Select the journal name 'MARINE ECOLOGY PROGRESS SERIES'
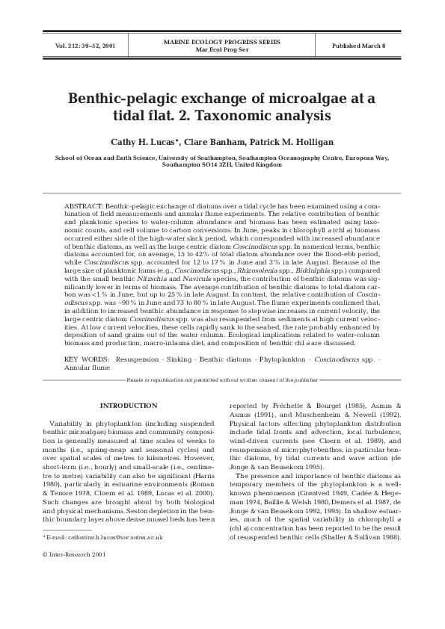pyautogui.click(x=221, y=43)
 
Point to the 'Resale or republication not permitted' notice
pyautogui.click(x=222, y=380)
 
